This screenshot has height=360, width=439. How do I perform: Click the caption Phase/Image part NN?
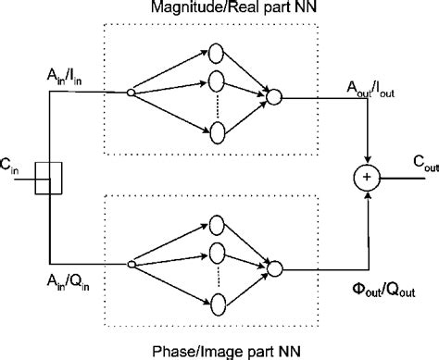point(218,349)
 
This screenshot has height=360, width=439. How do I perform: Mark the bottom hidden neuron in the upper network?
point(218,133)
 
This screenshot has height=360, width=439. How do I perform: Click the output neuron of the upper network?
point(274,94)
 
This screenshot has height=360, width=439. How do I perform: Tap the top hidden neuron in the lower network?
point(218,224)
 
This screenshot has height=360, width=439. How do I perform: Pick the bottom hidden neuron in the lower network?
point(218,304)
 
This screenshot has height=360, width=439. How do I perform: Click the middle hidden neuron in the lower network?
point(218,254)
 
